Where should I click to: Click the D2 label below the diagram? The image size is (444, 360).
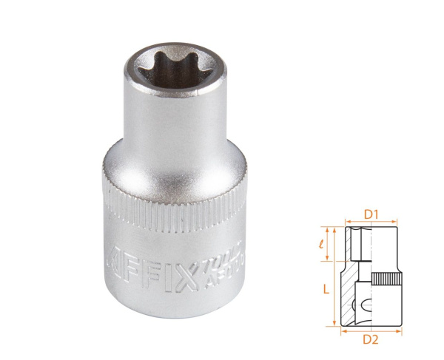click(372, 340)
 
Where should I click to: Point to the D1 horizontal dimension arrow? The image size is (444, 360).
click(371, 223)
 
